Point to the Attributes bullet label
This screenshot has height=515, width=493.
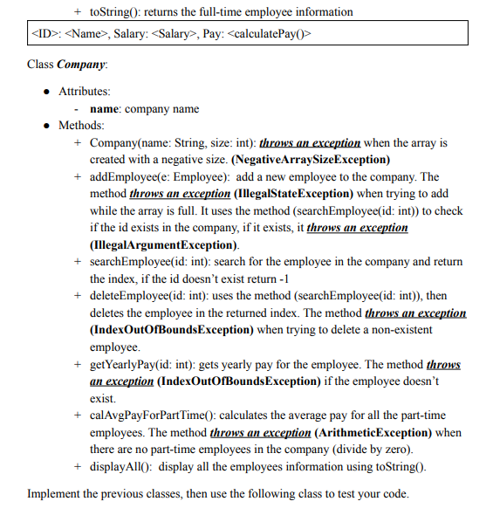tap(85, 91)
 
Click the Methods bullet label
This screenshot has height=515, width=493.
tap(81, 126)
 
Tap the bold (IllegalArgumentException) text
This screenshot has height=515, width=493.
tap(163, 244)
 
